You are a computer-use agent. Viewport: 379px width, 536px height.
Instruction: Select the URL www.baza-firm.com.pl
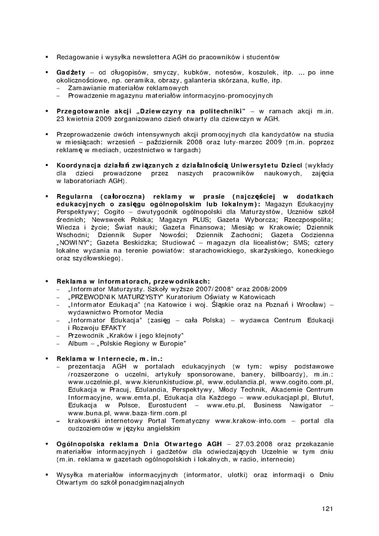coord(150,412)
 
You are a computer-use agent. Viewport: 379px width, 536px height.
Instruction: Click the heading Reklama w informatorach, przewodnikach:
coord(133,281)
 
